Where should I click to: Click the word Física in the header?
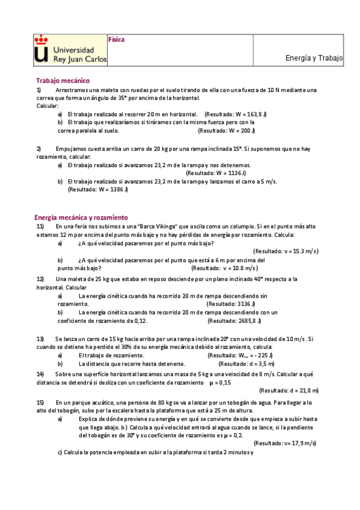116,39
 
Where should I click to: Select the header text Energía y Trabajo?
314,58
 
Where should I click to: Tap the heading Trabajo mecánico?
63,80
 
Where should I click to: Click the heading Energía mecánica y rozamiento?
81,217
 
